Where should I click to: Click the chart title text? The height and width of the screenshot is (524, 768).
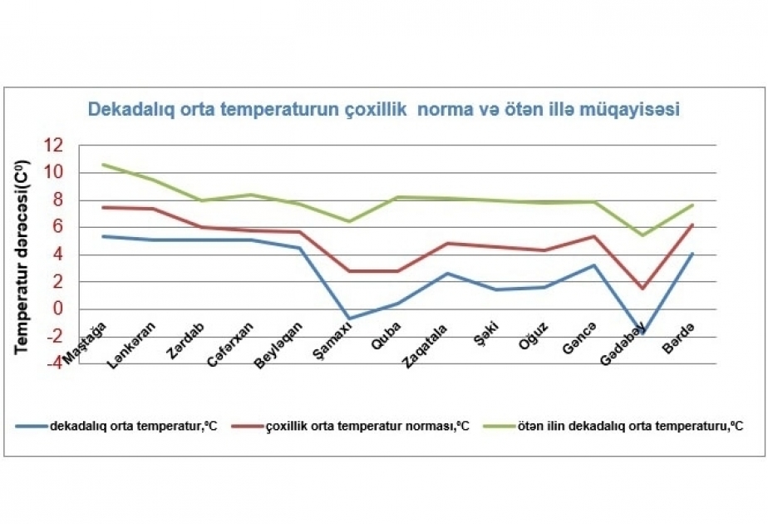[383, 109]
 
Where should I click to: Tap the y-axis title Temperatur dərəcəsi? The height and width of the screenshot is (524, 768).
[22, 257]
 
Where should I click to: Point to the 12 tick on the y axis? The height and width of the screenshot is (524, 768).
[53, 145]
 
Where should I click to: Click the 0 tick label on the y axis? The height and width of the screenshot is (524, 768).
[58, 309]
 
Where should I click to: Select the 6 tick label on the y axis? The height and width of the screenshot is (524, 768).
[58, 226]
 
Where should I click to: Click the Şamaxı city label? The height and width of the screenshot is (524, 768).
[332, 339]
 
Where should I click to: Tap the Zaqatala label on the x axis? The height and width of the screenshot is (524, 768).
[425, 346]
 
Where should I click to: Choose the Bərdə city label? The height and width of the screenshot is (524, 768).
[678, 339]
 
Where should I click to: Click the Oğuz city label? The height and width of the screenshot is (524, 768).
[533, 337]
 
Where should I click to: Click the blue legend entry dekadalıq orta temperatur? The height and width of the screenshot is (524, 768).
[116, 426]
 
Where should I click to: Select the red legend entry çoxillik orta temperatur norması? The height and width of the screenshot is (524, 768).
[350, 426]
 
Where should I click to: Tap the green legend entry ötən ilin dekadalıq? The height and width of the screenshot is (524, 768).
[613, 426]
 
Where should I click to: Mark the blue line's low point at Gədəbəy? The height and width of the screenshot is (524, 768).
[642, 332]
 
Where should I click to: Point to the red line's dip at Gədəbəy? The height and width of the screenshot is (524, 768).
[642, 289]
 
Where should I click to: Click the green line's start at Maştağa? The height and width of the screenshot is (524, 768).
[102, 164]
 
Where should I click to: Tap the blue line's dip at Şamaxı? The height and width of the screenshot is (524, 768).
[348, 319]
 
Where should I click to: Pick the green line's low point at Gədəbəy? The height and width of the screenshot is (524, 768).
[642, 235]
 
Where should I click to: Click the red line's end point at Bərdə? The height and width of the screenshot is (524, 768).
[692, 225]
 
